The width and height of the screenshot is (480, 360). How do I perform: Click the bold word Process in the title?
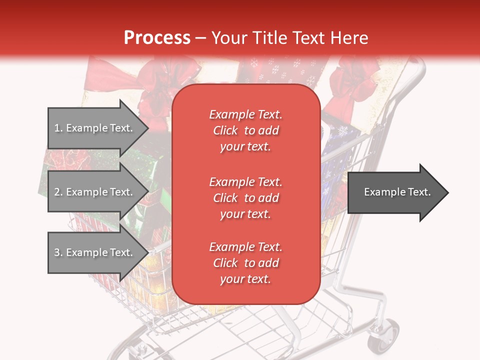pos(157,38)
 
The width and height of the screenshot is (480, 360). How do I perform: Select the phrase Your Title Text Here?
pos(289,38)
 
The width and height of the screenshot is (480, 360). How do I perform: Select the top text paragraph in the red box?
pos(245,130)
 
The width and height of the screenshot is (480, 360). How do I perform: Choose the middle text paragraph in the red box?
pos(245,198)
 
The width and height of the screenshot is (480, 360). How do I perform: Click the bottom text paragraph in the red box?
pos(245,263)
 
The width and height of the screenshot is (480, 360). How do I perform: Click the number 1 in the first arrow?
pos(57,128)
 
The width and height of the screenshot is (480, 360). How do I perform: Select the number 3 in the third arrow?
pos(57,252)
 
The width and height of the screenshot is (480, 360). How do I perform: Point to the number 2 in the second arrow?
pos(57,192)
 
